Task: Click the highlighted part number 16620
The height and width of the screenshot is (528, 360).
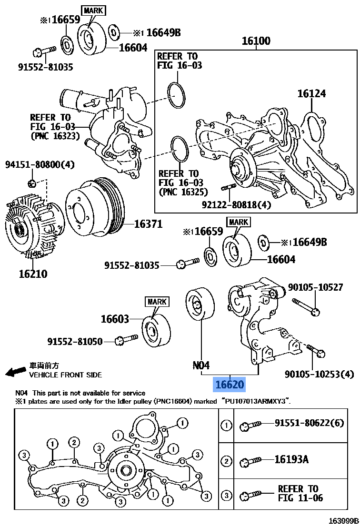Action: pos(230,384)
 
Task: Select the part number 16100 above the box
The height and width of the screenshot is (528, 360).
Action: pos(256,41)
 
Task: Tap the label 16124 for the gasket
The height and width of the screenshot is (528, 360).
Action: pos(311,94)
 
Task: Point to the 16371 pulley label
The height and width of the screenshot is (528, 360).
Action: pos(148,224)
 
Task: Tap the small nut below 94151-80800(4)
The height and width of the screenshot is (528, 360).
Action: pos(31,183)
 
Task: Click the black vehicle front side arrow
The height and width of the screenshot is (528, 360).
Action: pos(15,371)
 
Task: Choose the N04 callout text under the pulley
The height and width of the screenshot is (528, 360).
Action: pos(201,366)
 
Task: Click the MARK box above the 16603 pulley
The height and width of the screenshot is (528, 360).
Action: pos(157,302)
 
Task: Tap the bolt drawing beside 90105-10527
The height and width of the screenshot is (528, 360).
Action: pos(306,306)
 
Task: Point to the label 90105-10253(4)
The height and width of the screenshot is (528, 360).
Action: pos(319,375)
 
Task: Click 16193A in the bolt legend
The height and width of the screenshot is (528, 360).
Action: pos(291,459)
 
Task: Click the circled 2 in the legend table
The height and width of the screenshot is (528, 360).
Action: pos(227,461)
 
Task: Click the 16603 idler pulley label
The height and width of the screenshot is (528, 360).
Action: pos(114,319)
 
